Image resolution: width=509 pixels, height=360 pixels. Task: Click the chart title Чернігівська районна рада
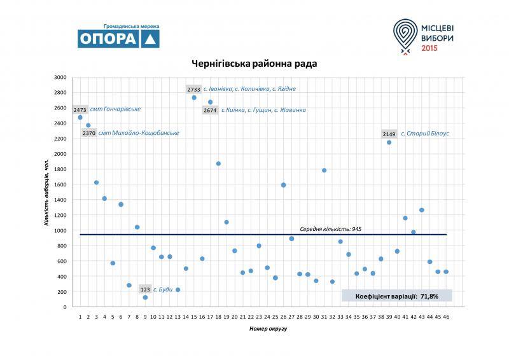254,64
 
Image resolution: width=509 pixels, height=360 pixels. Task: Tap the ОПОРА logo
118,38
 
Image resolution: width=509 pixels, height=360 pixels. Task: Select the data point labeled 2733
194,97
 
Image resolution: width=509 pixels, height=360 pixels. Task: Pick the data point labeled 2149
389,142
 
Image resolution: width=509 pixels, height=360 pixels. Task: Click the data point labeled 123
145,297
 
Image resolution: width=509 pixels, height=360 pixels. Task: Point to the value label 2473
80,109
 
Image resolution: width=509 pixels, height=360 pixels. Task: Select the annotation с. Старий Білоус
425,134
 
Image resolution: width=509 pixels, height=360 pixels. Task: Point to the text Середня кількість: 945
331,229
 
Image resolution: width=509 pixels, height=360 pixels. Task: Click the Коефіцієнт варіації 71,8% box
396,295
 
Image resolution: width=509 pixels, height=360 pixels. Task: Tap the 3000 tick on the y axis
60,77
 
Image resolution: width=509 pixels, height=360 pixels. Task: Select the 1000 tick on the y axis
60,230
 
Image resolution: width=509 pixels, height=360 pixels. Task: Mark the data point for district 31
324,170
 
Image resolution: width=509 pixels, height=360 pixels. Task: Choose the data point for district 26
283,185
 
